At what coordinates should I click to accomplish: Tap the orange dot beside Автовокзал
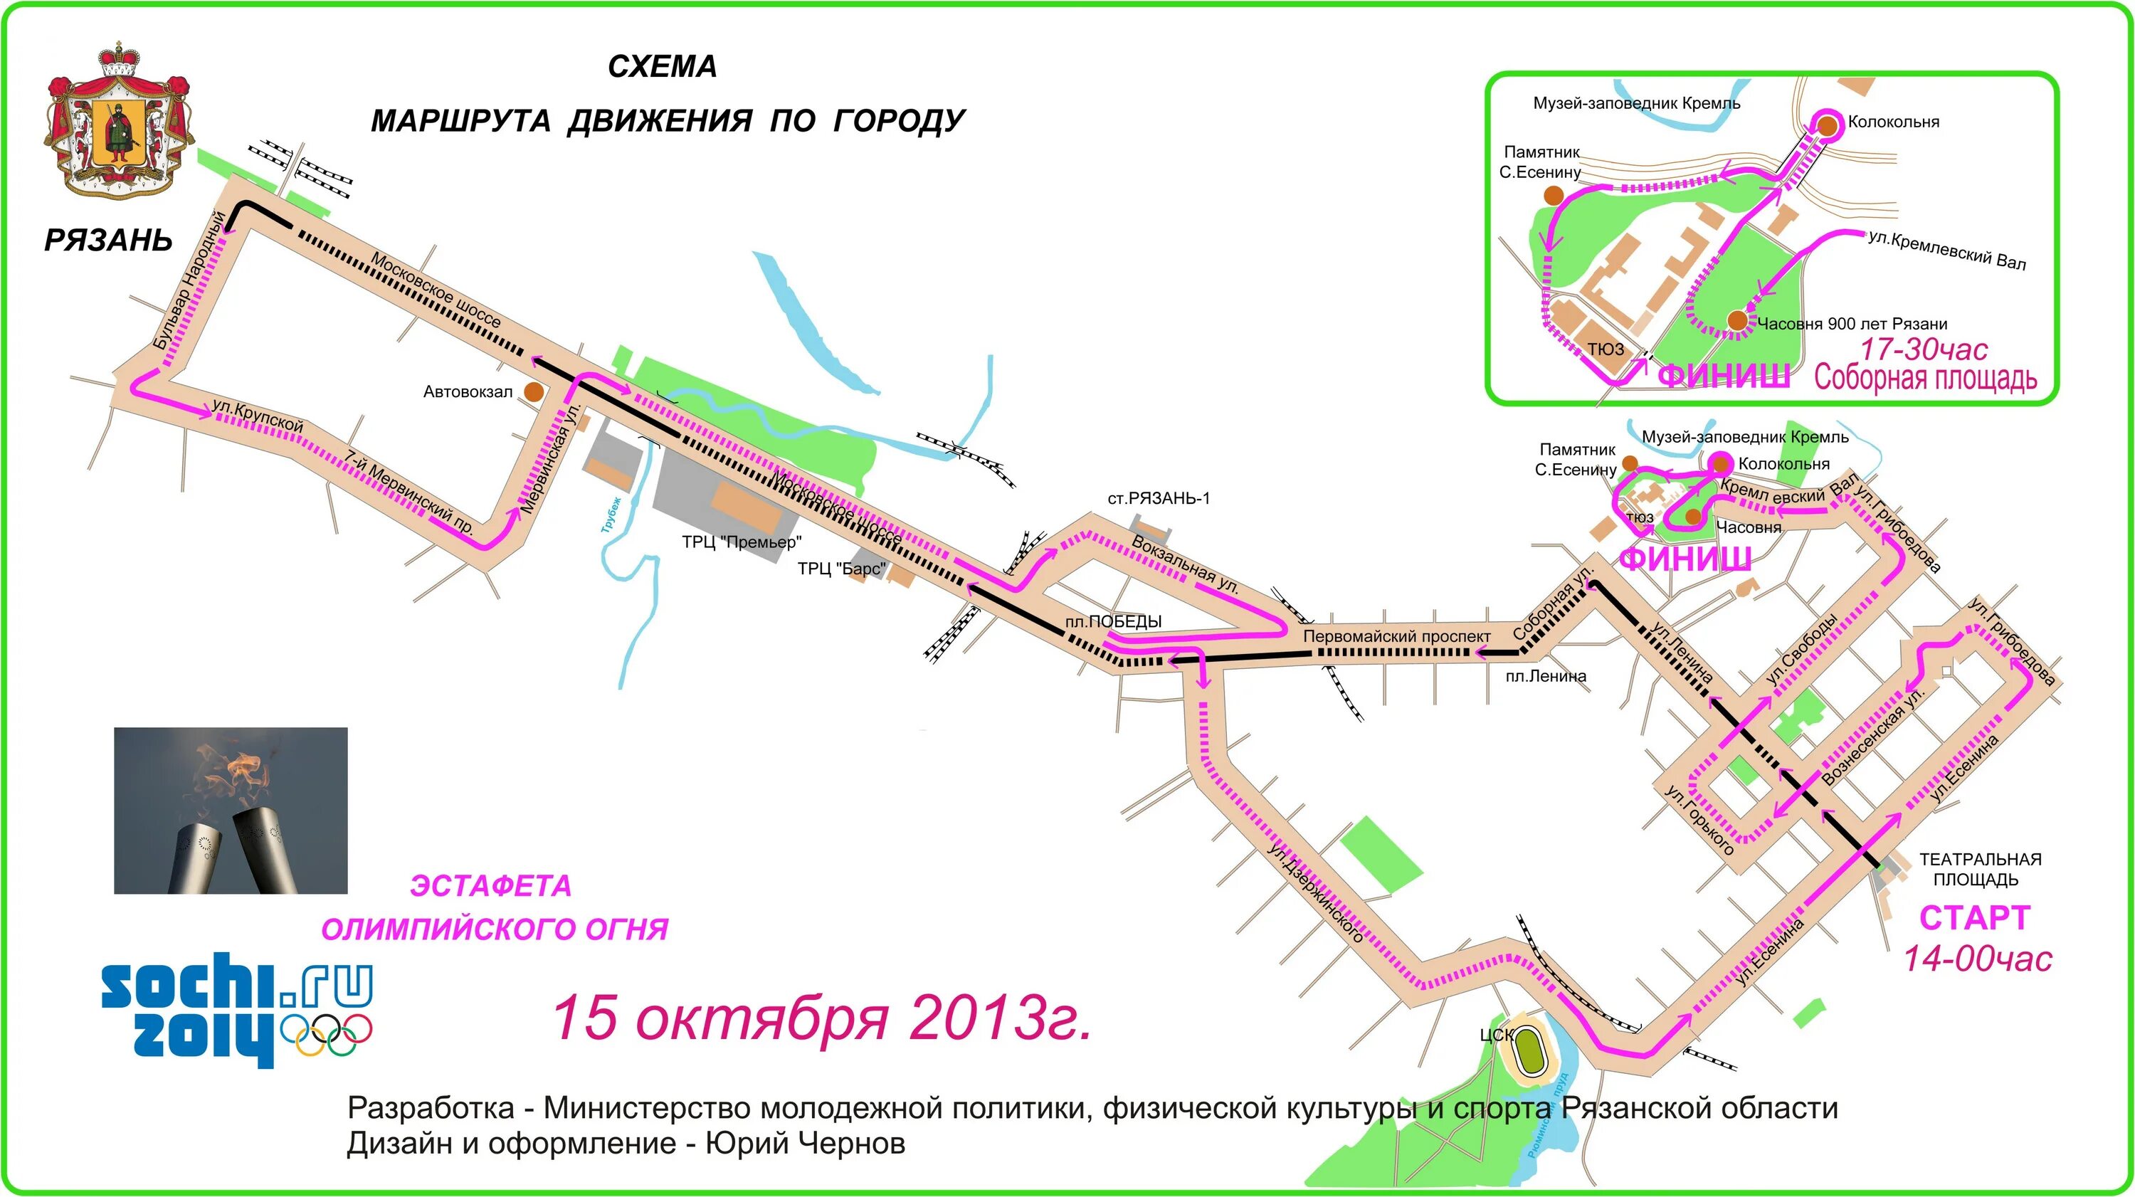tap(534, 391)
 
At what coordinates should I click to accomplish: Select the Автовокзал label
tap(468, 392)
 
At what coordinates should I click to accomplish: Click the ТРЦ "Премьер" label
tap(742, 542)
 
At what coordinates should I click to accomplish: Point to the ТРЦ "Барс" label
tap(841, 569)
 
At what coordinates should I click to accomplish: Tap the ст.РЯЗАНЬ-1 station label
tap(1158, 498)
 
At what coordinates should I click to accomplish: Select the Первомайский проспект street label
tap(1396, 637)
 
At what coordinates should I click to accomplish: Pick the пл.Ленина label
tap(1546, 676)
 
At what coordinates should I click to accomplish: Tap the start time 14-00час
tap(1978, 959)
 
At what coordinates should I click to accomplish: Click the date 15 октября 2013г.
tap(821, 1017)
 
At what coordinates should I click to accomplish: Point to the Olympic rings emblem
tap(327, 1034)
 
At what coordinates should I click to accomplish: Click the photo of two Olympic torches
tap(231, 810)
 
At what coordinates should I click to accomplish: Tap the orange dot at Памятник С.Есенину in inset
tap(1553, 196)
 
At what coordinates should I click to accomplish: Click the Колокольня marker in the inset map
tap(1828, 125)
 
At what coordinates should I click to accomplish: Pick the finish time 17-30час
tap(1924, 349)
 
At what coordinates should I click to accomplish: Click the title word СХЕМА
tap(663, 66)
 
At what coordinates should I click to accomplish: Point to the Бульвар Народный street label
tap(189, 280)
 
